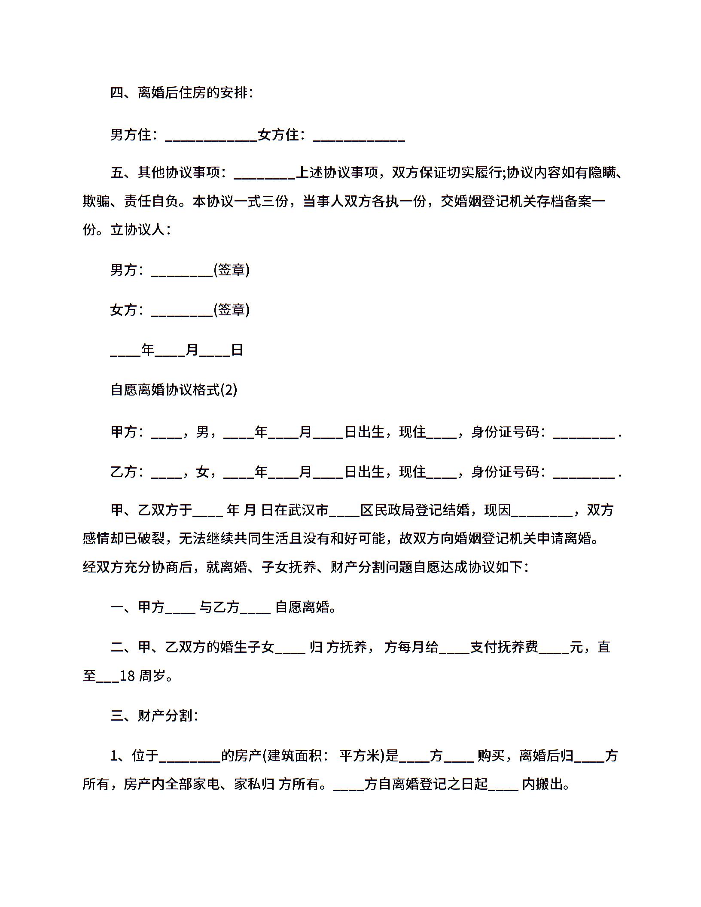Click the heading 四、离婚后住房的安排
(181, 92)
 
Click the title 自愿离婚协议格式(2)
(174, 390)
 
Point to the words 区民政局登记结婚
(415, 510)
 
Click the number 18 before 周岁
(127, 676)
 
